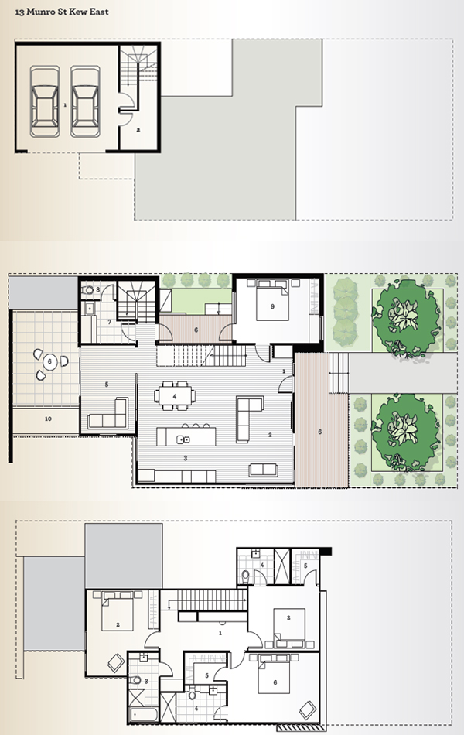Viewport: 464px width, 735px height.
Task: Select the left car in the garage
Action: (45, 101)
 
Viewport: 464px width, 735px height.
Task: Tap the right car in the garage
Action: (85, 101)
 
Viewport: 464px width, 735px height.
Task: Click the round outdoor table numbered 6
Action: (49, 362)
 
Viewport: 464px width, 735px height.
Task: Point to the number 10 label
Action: (48, 419)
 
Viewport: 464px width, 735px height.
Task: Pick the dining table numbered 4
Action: (175, 396)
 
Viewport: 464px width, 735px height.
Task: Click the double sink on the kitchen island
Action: (183, 439)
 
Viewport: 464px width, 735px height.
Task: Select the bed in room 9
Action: (272, 300)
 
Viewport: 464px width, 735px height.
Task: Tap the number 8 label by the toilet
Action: (98, 289)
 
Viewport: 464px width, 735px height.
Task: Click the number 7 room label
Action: (109, 322)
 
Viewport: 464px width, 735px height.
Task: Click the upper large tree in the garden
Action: (406, 318)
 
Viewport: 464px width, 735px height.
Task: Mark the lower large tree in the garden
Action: (406, 432)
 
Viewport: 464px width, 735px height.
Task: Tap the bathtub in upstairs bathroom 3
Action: (143, 714)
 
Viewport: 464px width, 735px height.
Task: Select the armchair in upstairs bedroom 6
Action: (309, 709)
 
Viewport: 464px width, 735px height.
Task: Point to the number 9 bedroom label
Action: (272, 306)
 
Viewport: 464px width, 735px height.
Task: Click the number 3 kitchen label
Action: (185, 458)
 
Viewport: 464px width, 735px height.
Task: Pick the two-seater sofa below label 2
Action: (264, 470)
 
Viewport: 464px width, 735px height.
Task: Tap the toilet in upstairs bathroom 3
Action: (136, 680)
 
